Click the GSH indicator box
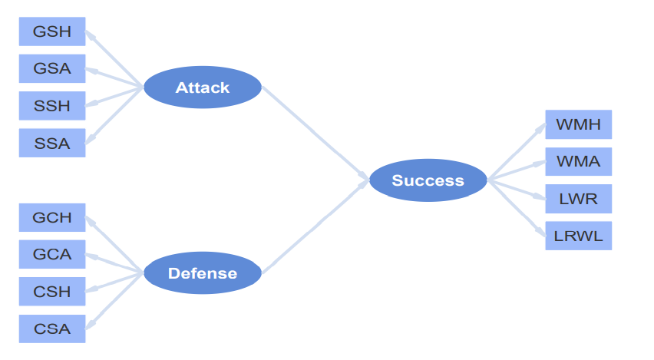point(52,31)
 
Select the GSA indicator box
point(52,68)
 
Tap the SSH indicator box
point(52,105)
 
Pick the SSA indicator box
point(52,143)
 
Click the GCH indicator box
point(52,217)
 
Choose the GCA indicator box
point(52,254)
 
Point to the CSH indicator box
point(52,291)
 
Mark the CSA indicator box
point(52,329)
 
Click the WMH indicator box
point(579,124)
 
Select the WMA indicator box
point(579,161)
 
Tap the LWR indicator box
point(579,199)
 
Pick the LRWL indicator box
point(579,236)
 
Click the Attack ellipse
point(203,88)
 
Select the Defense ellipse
point(203,272)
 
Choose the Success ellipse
point(428,180)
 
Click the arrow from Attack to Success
point(315,134)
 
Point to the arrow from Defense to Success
point(315,226)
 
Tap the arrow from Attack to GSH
point(114,59)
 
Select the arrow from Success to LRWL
point(517,208)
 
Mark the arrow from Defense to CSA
point(114,301)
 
